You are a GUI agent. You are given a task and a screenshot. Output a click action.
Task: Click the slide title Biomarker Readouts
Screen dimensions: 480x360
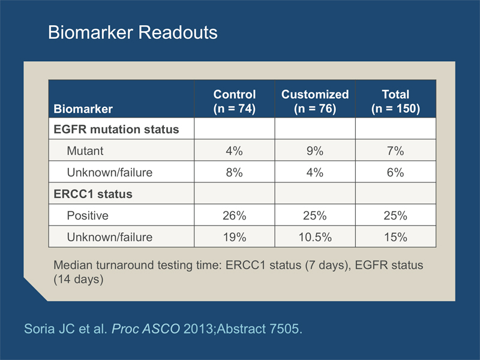(x=133, y=32)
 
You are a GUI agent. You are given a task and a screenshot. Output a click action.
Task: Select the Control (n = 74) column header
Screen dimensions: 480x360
(x=235, y=101)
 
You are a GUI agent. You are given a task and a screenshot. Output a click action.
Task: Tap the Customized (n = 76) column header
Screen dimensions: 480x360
(x=315, y=101)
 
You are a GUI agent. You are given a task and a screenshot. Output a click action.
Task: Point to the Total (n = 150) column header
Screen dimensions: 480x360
(x=395, y=101)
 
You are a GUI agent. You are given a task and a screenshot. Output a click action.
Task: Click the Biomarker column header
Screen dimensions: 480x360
(x=83, y=109)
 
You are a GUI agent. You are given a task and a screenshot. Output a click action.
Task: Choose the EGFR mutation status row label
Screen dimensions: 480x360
(x=116, y=129)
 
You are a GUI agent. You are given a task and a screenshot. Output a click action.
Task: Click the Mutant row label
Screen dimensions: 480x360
(x=85, y=151)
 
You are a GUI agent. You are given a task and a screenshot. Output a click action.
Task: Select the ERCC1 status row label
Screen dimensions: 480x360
(x=93, y=194)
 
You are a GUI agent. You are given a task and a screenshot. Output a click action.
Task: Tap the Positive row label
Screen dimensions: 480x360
(x=88, y=215)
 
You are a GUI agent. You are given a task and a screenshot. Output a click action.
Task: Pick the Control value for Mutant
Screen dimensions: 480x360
(x=235, y=151)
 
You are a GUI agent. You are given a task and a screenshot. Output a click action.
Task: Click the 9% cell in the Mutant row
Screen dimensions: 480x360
(x=315, y=151)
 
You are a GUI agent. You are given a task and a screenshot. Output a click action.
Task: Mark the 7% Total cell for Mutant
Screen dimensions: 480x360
(x=395, y=151)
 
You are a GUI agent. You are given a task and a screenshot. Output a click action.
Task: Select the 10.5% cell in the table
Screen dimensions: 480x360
(x=315, y=237)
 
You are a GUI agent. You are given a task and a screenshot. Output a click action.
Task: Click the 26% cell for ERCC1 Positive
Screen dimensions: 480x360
(x=235, y=215)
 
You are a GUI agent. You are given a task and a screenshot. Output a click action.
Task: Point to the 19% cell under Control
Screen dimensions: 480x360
(x=235, y=237)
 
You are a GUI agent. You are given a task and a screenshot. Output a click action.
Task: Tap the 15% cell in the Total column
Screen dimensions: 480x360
(x=395, y=237)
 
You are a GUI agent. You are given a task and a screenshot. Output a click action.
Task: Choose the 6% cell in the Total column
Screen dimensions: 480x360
(x=395, y=172)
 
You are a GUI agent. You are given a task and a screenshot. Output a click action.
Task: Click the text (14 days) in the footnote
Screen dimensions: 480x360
(x=79, y=279)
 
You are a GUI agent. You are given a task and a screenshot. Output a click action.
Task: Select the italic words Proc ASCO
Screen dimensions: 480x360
(x=146, y=329)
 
